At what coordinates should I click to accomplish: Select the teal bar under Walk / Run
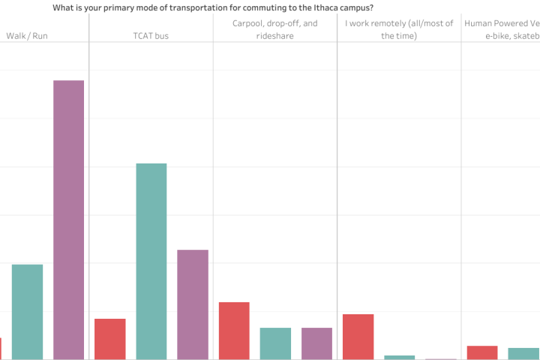coord(27,312)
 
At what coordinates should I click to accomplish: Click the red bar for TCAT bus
coord(109,339)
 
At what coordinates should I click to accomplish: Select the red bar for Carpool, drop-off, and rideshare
coord(234,331)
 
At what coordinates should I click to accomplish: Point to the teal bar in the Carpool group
coord(275,343)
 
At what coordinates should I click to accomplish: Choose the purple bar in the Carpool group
coord(316,343)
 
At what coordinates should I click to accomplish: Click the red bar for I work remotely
coord(358,337)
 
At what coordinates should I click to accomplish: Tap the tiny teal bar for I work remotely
coord(399,357)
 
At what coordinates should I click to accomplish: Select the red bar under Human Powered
coord(481,352)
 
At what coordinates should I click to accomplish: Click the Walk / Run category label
coord(27,36)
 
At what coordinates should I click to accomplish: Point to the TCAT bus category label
coord(151,36)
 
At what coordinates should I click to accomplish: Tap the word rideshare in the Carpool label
coord(274,36)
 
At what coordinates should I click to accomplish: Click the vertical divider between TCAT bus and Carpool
coord(213,187)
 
